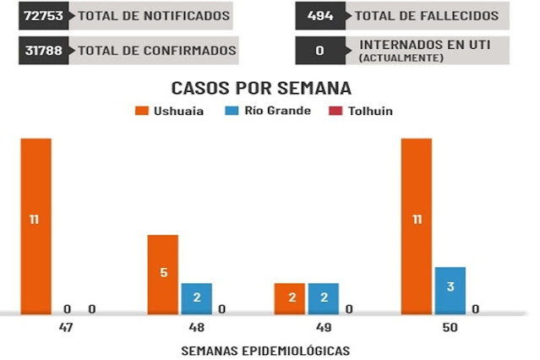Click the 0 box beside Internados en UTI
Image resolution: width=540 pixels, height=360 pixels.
point(320,51)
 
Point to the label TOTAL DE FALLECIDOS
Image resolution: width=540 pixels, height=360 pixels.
point(426,16)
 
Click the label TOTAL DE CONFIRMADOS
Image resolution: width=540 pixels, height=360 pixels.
point(156,51)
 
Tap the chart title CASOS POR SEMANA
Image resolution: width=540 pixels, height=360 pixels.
point(261,88)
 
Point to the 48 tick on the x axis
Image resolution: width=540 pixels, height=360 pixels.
point(196,327)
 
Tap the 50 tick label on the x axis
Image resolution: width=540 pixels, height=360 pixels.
point(449,327)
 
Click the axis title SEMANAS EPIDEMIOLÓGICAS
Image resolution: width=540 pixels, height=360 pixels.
point(265,350)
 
